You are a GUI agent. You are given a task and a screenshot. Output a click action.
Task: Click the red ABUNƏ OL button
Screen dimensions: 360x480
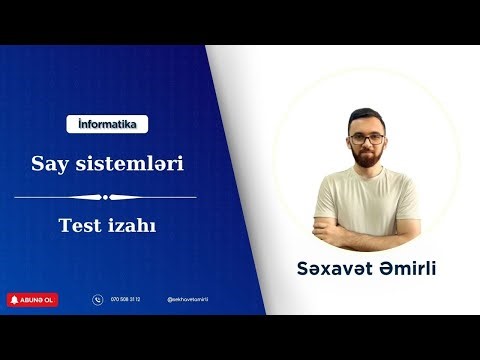(x=32, y=299)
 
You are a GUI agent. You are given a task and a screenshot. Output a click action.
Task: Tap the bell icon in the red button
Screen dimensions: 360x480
(x=14, y=299)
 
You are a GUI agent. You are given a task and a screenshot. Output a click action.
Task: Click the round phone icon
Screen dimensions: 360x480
(x=97, y=299)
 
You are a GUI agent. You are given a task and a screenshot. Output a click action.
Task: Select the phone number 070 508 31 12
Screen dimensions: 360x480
(x=126, y=299)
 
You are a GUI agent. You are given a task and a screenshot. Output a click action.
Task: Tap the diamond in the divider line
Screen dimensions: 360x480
(x=107, y=197)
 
